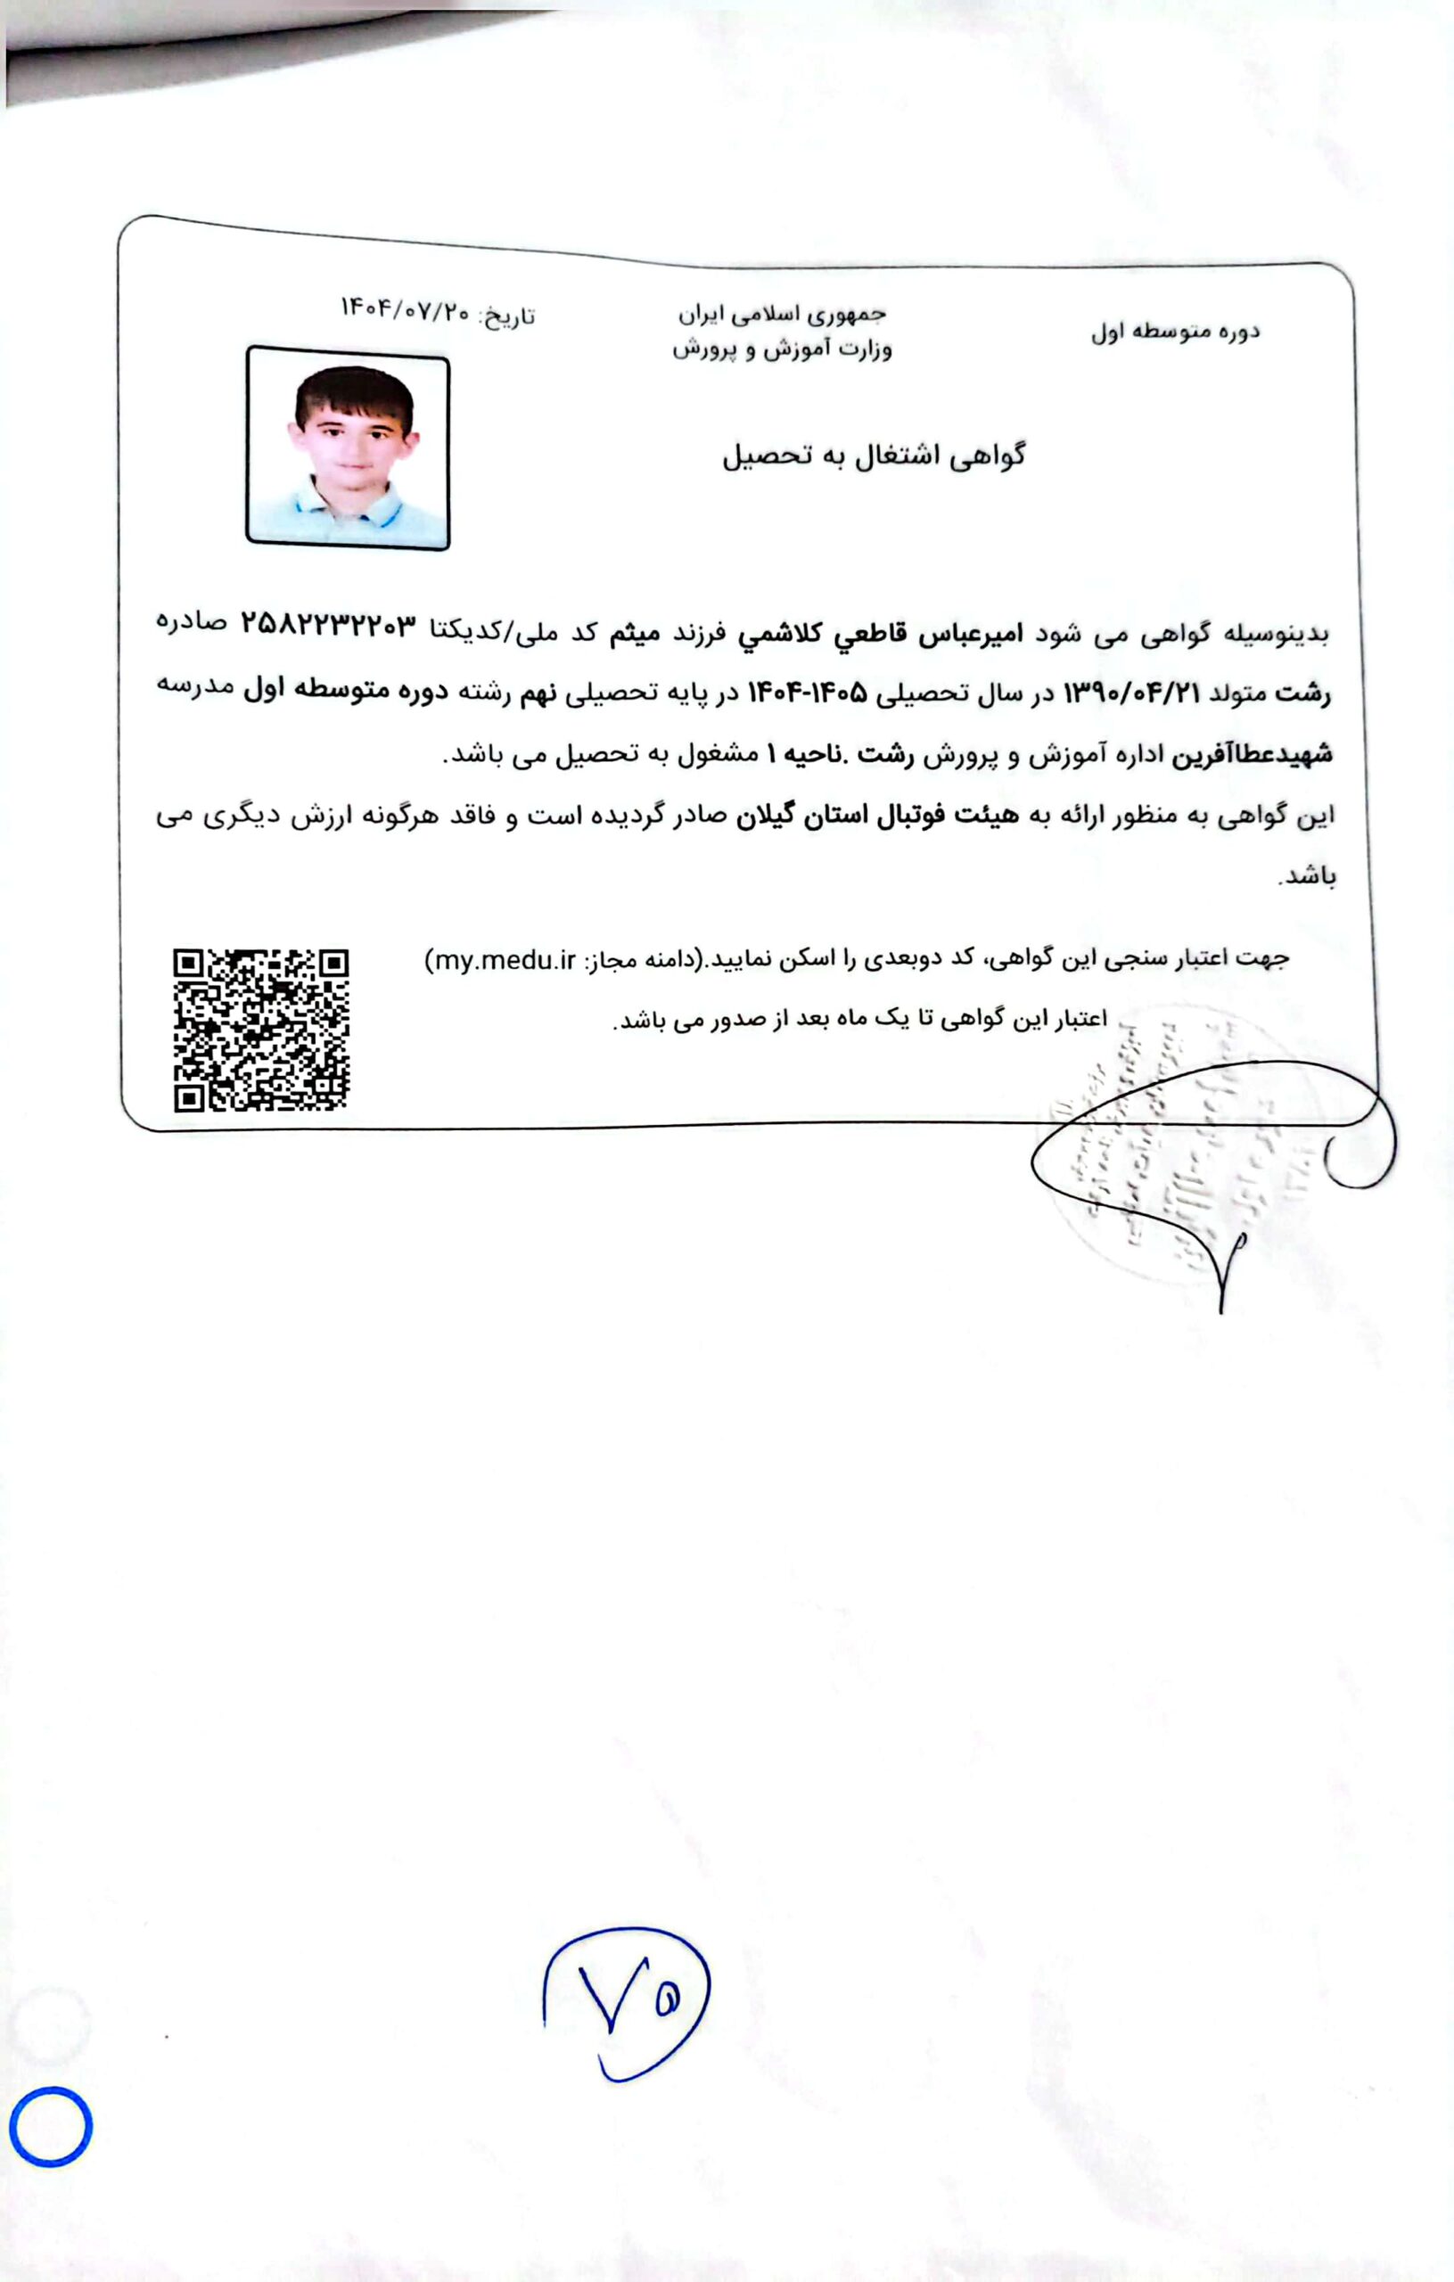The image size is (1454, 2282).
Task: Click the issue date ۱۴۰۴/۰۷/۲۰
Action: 406,310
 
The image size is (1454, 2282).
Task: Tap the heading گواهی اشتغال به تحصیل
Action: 873,456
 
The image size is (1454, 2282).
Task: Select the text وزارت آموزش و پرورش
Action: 782,349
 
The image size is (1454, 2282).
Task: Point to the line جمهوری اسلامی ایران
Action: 782,314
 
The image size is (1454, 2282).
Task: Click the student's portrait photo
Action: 348,447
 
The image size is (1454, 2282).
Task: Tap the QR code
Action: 261,1030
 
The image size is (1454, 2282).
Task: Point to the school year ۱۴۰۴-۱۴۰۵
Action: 808,693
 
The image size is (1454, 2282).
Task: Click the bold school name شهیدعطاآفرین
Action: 1253,755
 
